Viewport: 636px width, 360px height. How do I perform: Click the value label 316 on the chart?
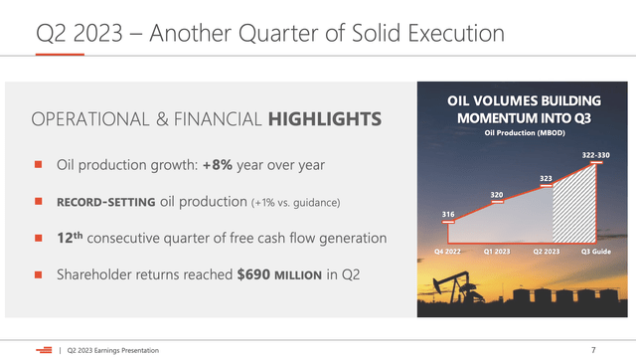click(x=448, y=214)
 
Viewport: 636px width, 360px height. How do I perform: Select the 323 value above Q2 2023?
click(x=546, y=179)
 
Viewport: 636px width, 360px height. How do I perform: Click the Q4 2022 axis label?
click(x=449, y=253)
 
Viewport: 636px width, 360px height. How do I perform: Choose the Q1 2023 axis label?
click(x=497, y=253)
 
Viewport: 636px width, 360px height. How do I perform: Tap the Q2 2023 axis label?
click(x=546, y=253)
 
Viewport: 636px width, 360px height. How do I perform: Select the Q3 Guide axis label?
click(x=594, y=253)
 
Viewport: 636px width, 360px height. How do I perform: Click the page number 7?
click(x=592, y=349)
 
